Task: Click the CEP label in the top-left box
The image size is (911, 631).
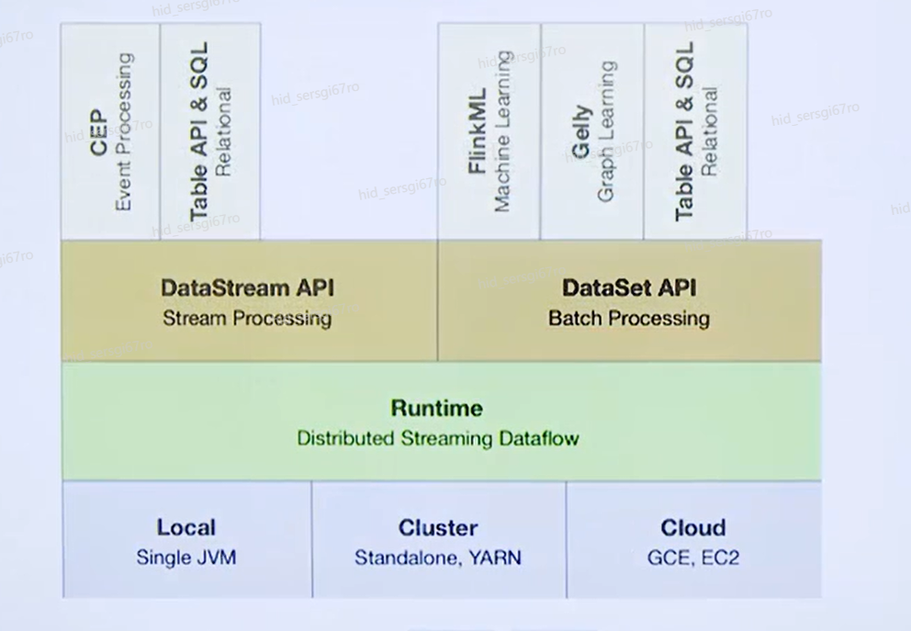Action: pyautogui.click(x=99, y=133)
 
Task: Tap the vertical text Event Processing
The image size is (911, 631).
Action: pyautogui.click(x=123, y=132)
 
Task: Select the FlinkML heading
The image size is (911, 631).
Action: pyautogui.click(x=478, y=131)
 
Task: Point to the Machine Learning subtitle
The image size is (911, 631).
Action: pyautogui.click(x=502, y=131)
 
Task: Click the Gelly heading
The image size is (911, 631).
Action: pyautogui.click(x=581, y=132)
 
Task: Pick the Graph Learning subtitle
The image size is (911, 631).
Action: pyautogui.click(x=606, y=131)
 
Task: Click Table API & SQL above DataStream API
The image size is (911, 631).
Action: pyautogui.click(x=198, y=131)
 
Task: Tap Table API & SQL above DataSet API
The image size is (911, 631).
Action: pyautogui.click(x=684, y=131)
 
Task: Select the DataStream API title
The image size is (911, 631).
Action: pyautogui.click(x=248, y=288)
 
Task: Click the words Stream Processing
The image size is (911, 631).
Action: pyautogui.click(x=248, y=319)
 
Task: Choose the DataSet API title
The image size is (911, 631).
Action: pyautogui.click(x=629, y=288)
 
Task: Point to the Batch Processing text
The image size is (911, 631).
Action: pyautogui.click(x=629, y=319)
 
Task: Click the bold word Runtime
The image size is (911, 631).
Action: pyautogui.click(x=437, y=408)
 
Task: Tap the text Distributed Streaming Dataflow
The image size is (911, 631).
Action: pyautogui.click(x=438, y=438)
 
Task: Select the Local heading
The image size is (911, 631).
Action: pyautogui.click(x=186, y=527)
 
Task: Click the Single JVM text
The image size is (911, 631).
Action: pyautogui.click(x=186, y=558)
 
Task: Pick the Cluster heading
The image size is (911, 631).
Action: pyautogui.click(x=438, y=527)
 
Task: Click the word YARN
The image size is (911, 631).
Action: pyautogui.click(x=495, y=558)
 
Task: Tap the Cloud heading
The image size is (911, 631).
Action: pyautogui.click(x=693, y=527)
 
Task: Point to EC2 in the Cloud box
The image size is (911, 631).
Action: pyautogui.click(x=720, y=558)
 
